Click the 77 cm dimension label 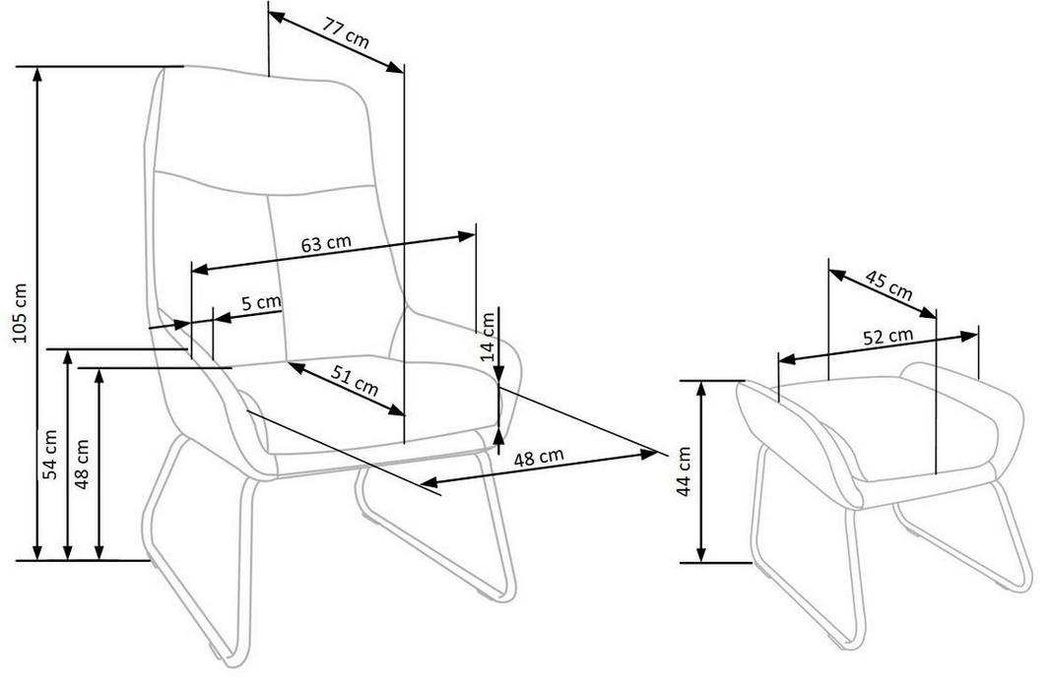(x=346, y=32)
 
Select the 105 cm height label (x=21, y=313)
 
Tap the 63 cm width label (x=325, y=243)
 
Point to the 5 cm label (x=261, y=302)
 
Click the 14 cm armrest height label (x=488, y=337)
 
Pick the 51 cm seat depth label (x=356, y=384)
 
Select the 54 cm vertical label (x=50, y=454)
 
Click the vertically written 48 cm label (x=82, y=464)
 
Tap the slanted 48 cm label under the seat (x=539, y=458)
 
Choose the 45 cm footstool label (x=888, y=285)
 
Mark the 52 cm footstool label (x=888, y=336)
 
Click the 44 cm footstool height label (x=683, y=471)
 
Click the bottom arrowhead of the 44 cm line (x=701, y=555)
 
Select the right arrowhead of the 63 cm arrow (x=467, y=236)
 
